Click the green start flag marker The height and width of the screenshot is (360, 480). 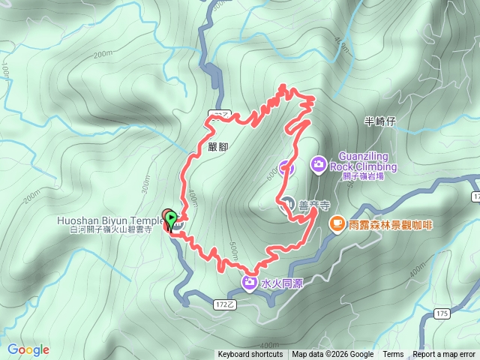(x=172, y=220)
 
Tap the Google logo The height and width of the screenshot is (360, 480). (x=28, y=349)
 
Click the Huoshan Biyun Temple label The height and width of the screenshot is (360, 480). (x=109, y=220)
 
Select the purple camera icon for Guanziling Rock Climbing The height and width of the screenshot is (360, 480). (x=319, y=163)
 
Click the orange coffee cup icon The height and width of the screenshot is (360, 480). (x=337, y=223)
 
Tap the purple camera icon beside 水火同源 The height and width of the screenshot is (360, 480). (x=249, y=282)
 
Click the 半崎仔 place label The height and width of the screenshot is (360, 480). (x=379, y=121)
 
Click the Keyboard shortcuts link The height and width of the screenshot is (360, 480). (x=250, y=355)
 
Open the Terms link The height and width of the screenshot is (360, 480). (x=393, y=355)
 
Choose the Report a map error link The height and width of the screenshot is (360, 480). (x=445, y=355)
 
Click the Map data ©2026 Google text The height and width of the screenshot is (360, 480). (x=332, y=355)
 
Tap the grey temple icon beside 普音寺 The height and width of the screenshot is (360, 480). (x=289, y=202)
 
